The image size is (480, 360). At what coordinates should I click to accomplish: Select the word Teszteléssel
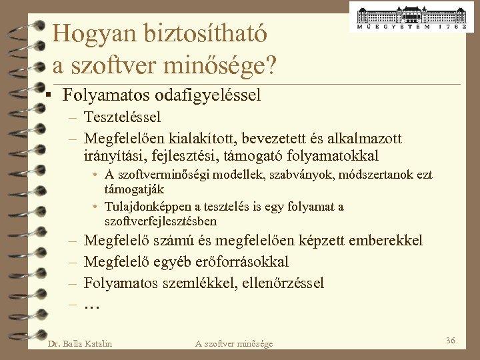pos(123,117)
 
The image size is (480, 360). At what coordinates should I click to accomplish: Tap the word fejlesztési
pos(175,156)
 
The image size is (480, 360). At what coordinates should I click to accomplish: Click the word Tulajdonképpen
pos(147,207)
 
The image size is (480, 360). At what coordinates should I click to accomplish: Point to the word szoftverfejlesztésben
pos(161,221)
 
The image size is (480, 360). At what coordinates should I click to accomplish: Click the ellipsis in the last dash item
pos(91,305)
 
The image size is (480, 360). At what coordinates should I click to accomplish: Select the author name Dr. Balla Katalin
pos(80,343)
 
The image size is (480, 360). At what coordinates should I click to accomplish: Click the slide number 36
pos(451,341)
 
